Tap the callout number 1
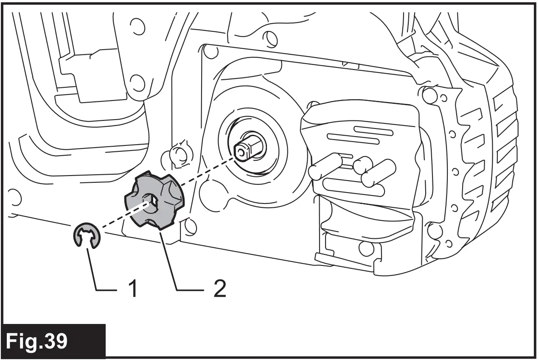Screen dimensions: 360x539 coord(132,289)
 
